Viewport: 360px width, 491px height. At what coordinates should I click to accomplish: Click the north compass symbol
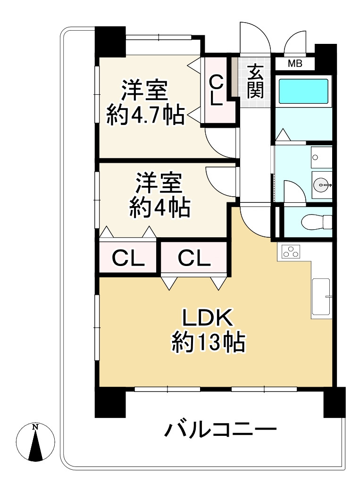point(35,442)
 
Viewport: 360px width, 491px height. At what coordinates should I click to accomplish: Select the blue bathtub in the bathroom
point(303,92)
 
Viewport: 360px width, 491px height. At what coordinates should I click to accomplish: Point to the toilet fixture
point(317,222)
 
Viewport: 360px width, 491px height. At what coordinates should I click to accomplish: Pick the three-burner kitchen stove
point(291,252)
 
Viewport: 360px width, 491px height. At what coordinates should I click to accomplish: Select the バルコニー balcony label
point(219,430)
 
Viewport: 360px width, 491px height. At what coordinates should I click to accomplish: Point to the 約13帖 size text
point(208,343)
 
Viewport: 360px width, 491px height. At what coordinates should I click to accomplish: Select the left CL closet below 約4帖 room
point(128,258)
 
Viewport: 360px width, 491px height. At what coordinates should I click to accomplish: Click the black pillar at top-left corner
point(110,42)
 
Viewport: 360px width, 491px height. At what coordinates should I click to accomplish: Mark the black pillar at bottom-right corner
point(334,402)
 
